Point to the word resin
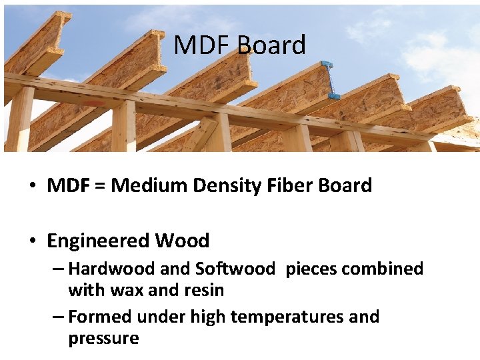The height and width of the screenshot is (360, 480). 205,290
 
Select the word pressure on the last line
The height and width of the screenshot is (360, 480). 103,338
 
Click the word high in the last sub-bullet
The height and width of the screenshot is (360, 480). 209,317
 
